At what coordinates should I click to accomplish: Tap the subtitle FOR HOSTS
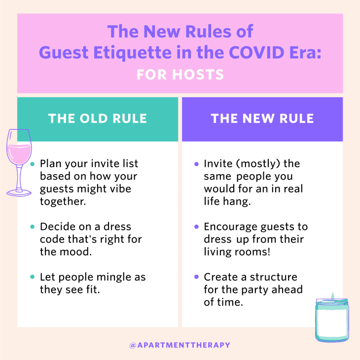[x=180, y=74]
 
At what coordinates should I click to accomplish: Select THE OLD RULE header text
[x=97, y=119]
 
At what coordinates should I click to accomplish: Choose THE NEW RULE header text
[x=262, y=119]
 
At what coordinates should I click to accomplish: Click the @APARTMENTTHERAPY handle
[x=180, y=345]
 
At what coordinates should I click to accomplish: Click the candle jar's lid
[x=332, y=302]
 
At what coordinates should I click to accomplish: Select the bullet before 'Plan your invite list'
[x=33, y=164]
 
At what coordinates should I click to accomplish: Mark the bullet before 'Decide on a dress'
[x=33, y=227]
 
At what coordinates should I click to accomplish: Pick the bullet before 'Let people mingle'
[x=33, y=278]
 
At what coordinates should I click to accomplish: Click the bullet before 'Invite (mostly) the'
[x=197, y=164]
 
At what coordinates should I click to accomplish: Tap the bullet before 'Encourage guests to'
[x=197, y=227]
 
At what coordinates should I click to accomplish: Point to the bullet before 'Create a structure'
[x=197, y=278]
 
